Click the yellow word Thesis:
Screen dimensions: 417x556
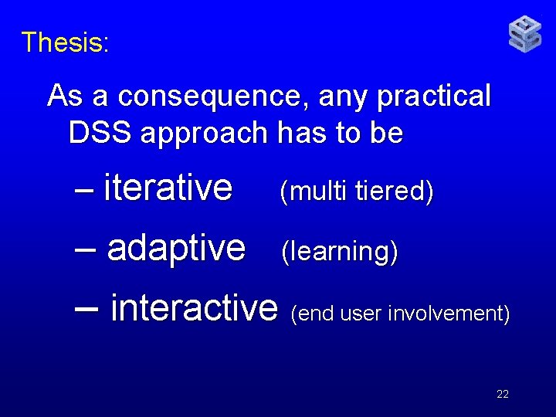(x=66, y=42)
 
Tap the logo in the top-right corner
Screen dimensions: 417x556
(x=525, y=35)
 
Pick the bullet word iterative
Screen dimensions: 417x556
(x=168, y=187)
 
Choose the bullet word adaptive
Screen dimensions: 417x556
(x=176, y=248)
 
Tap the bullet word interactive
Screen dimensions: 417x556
(x=194, y=308)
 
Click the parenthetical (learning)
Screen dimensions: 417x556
(x=339, y=252)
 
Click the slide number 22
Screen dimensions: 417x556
(x=503, y=394)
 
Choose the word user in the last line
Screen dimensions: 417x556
(x=362, y=314)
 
